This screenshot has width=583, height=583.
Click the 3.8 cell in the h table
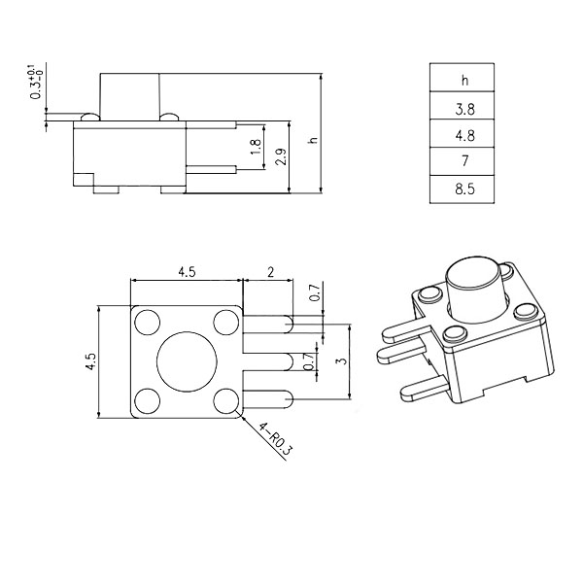(x=462, y=105)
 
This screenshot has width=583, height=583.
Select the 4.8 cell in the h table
(x=462, y=133)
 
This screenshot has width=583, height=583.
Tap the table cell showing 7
(x=462, y=161)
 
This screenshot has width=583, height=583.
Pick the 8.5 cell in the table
(x=462, y=189)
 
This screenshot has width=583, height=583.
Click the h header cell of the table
(x=462, y=78)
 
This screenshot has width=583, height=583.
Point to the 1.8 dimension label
(x=256, y=148)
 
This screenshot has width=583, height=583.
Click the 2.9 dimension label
(x=281, y=156)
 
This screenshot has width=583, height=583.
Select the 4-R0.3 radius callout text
(x=276, y=439)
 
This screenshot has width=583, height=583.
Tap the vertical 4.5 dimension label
(x=90, y=361)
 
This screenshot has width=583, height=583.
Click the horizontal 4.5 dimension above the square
(x=187, y=272)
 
